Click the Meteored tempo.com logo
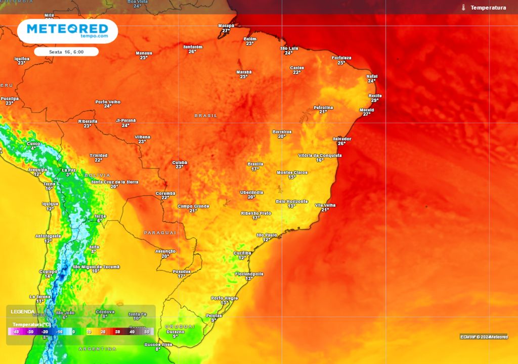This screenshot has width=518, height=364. pos(67,30)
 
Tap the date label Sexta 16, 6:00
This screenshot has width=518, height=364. pos(66,52)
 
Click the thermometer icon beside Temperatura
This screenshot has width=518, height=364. pos(463,8)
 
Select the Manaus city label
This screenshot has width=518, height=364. pos(144,53)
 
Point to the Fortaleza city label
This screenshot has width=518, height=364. pos(341,58)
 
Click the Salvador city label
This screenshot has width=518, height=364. pos(341,139)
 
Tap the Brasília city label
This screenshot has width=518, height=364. pos(255,164)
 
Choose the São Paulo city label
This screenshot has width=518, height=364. pos(267,235)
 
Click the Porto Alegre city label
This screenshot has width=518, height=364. pos(225,298)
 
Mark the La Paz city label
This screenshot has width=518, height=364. pos(68,170)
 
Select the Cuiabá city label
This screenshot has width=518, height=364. pos(180,162)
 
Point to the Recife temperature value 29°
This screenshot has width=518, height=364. pos(375,100)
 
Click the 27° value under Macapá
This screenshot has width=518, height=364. pos(226,30)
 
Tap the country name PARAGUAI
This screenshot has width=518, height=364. pos(160,233)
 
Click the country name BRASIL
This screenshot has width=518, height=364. pos(206,116)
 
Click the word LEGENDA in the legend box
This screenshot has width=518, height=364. pos(23,311)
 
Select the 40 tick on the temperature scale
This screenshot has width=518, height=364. pos(132,332)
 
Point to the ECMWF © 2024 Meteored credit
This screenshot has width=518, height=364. pos(484,337)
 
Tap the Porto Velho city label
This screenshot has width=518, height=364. pos(108,102)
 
